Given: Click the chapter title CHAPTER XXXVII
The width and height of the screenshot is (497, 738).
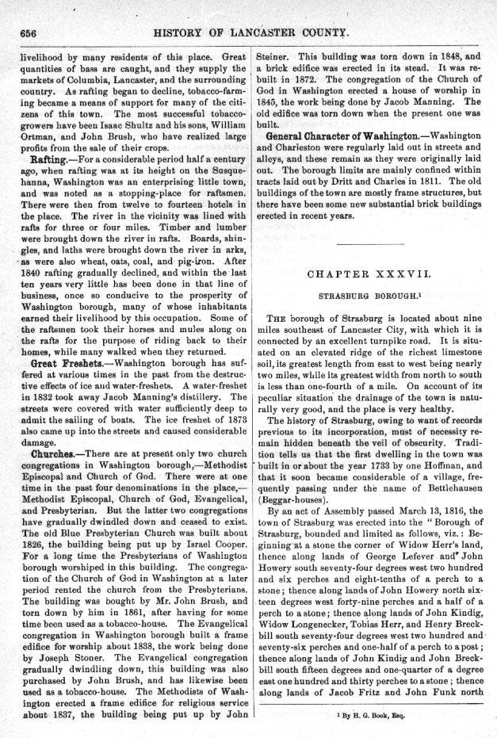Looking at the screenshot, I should point(369,275).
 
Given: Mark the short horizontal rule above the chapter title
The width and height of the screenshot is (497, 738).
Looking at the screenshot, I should point(369,239).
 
